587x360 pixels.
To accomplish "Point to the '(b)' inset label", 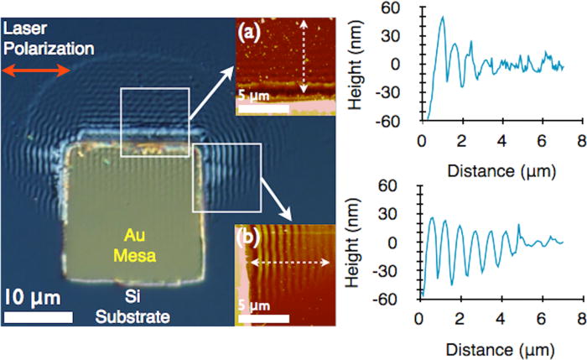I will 252,236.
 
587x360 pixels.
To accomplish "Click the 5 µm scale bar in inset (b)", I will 263,318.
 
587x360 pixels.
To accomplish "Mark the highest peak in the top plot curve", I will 442,17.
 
